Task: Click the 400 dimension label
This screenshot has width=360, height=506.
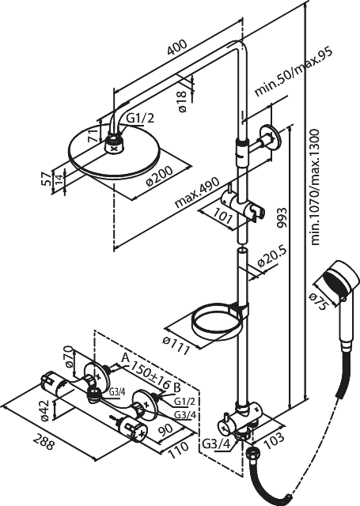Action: point(177,47)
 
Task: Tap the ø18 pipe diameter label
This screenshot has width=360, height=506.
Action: point(182,101)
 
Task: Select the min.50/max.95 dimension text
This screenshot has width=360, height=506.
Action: point(294,73)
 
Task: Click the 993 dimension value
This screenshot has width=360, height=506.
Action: point(282,218)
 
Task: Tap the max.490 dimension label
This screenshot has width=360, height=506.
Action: point(197,193)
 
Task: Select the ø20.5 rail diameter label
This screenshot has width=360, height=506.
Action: point(272,258)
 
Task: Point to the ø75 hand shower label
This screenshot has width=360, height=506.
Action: point(320,300)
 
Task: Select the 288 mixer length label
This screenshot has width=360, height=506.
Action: point(44,442)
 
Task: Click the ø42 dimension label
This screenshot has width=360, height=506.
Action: point(45,410)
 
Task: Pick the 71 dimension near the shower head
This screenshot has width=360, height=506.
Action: point(93,134)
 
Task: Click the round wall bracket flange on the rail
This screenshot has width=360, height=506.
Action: point(269,137)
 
